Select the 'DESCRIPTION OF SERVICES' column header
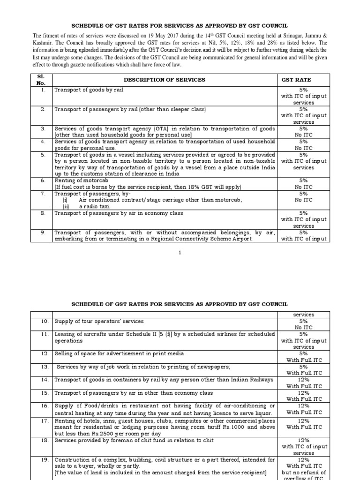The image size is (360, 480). (164, 80)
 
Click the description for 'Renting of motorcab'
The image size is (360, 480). (74, 180)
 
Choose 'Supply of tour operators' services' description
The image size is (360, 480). (99, 322)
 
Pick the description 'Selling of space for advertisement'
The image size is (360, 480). (119, 353)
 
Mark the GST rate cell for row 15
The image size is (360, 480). (304, 396)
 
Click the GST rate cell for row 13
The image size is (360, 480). (304, 370)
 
